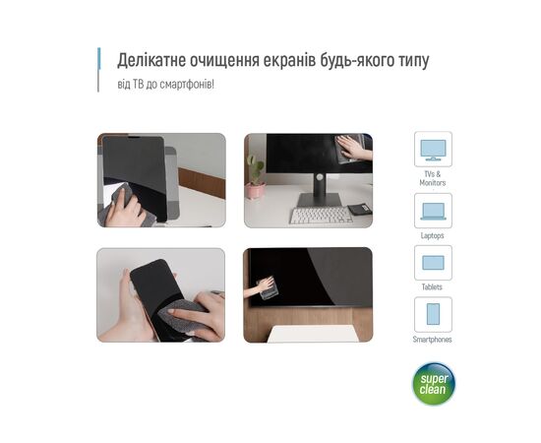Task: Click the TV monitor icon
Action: tap(433, 150)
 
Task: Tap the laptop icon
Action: tap(433, 212)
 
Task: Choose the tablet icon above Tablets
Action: tap(433, 263)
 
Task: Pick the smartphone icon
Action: tap(433, 314)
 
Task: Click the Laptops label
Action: tap(433, 235)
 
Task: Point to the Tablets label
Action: tap(432, 286)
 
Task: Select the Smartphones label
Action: tap(433, 340)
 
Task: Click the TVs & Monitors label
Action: tap(433, 178)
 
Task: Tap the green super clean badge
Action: tap(434, 384)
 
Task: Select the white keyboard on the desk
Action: tap(320, 216)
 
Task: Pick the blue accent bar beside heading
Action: tap(99, 59)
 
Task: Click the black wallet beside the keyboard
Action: tap(359, 209)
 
